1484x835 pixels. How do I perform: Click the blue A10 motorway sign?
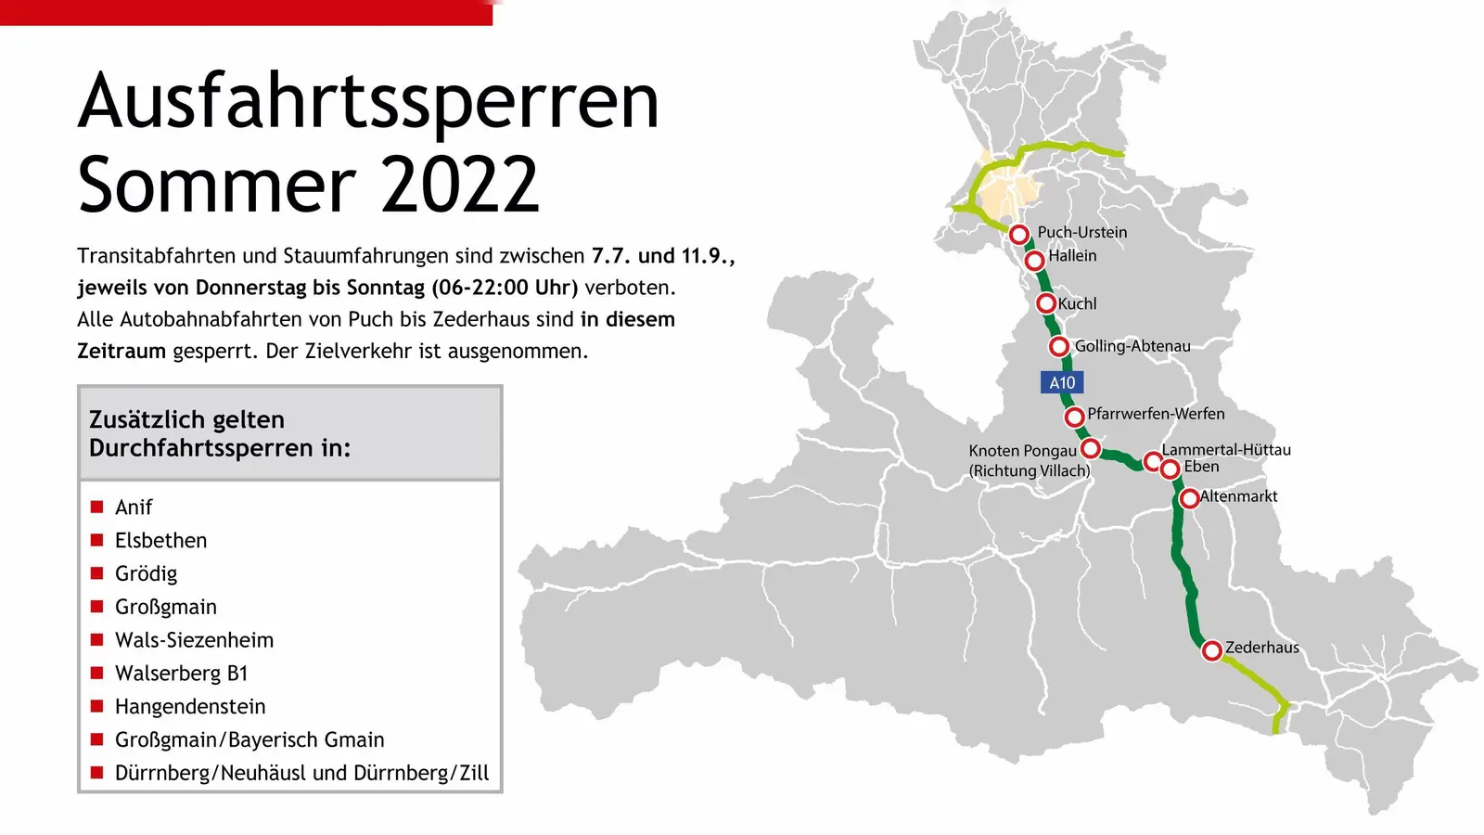[1061, 382]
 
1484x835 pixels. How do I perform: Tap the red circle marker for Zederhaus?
[1211, 650]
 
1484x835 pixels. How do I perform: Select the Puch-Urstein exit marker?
[1018, 234]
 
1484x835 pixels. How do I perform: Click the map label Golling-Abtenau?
[1132, 346]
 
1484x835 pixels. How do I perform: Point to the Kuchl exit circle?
[1045, 303]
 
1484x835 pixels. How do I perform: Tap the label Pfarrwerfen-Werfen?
[1156, 414]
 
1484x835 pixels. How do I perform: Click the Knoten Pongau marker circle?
[1091, 449]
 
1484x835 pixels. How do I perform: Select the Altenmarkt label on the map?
[1238, 496]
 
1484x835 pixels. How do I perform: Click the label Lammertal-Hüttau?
[1225, 450]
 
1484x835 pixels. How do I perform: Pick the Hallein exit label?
[1072, 256]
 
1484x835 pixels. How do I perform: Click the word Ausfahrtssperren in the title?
[368, 101]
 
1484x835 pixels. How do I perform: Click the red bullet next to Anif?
[96, 507]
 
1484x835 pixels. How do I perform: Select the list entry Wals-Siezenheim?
[194, 640]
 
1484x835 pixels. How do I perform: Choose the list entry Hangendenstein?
[190, 707]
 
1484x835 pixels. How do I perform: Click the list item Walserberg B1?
[181, 674]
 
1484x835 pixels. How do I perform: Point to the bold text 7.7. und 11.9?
[662, 256]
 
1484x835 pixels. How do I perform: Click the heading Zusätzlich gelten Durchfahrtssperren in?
[220, 434]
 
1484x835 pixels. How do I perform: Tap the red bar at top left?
[246, 12]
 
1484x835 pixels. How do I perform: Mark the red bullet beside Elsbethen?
[96, 540]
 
